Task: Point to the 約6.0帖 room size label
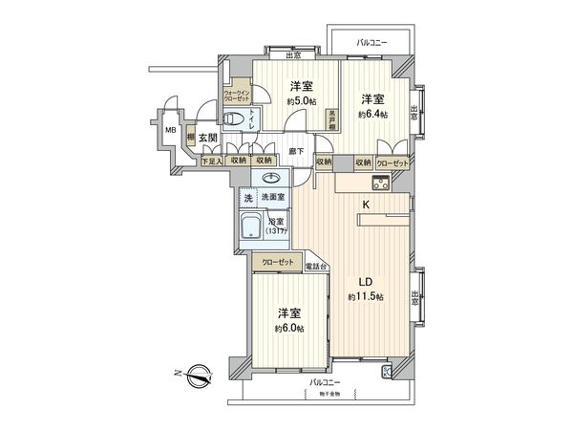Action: tap(290, 328)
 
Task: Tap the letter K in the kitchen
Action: tap(364, 203)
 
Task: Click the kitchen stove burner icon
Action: tap(386, 372)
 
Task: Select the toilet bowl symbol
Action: tap(233, 118)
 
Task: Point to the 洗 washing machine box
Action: tap(247, 198)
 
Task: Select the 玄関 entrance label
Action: tap(209, 137)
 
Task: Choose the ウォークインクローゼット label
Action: tap(238, 96)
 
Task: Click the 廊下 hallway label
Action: tap(296, 151)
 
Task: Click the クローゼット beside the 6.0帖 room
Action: tap(276, 259)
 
